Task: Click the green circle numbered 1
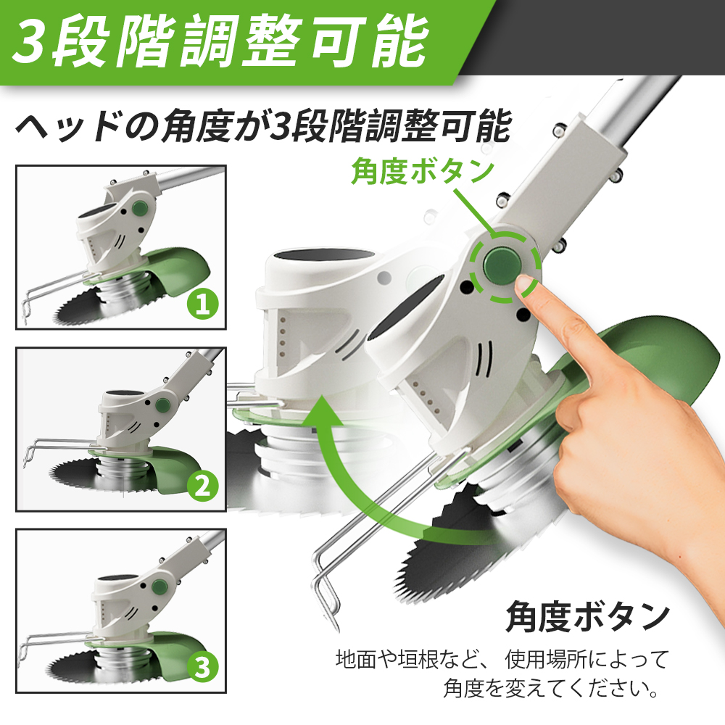(x=202, y=304)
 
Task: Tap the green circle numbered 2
(x=202, y=486)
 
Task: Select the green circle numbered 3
(x=202, y=668)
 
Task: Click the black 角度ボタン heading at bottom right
(x=587, y=616)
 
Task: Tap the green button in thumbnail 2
(x=162, y=405)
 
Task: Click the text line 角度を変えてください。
(x=551, y=688)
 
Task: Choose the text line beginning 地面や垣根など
(x=502, y=658)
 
